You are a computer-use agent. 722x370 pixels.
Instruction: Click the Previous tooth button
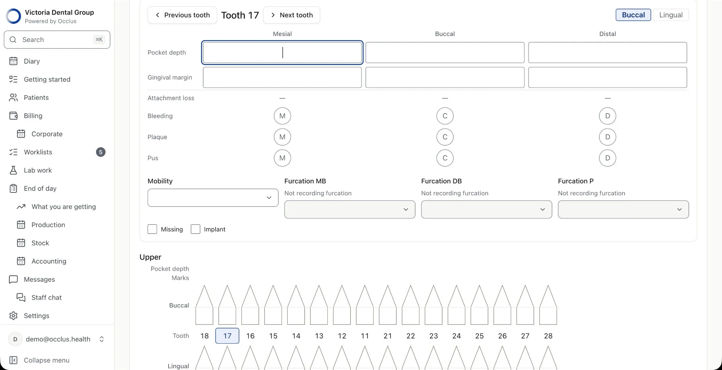tap(182, 15)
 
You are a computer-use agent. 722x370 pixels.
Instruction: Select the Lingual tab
tap(671, 15)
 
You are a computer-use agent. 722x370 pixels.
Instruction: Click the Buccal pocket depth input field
tap(445, 52)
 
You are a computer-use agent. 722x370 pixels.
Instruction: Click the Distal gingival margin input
tap(608, 77)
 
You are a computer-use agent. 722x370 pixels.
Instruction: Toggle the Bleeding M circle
tap(282, 116)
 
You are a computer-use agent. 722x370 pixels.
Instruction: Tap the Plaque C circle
tap(445, 137)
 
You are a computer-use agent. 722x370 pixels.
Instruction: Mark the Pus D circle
tap(608, 158)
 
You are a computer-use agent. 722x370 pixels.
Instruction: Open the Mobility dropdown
tap(213, 198)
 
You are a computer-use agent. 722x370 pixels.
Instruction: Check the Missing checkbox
tap(152, 229)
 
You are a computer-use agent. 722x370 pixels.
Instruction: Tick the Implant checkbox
tap(195, 229)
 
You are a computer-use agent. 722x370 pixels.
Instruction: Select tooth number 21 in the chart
tap(388, 336)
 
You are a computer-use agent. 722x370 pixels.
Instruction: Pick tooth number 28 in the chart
tap(548, 336)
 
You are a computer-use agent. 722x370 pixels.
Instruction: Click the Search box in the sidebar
tap(57, 40)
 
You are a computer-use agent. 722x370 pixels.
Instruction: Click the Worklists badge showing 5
tap(101, 152)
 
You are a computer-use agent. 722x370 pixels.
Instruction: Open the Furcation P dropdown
tap(623, 209)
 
